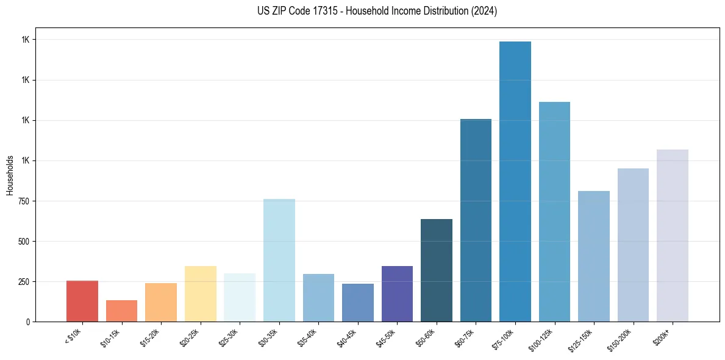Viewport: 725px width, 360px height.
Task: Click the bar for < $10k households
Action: pos(82,301)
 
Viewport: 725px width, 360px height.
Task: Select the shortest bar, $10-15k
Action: pos(121,311)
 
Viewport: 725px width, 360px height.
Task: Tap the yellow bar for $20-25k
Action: pos(200,293)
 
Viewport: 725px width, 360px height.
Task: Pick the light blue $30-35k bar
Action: pos(279,260)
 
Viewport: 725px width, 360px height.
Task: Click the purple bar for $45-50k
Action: pos(397,293)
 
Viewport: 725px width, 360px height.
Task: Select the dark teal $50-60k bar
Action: pos(437,270)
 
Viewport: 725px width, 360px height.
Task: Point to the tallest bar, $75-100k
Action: pos(515,181)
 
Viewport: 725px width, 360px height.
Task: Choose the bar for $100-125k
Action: pos(554,211)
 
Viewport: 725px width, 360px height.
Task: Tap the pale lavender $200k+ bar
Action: pos(673,235)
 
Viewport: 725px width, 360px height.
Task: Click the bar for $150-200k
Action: pos(633,245)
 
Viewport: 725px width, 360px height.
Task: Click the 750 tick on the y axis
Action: pos(24,201)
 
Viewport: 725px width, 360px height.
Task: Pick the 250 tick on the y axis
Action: pos(24,281)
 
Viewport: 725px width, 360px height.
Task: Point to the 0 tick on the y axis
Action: pos(28,322)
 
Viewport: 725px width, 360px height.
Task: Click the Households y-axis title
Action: pos(10,175)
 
